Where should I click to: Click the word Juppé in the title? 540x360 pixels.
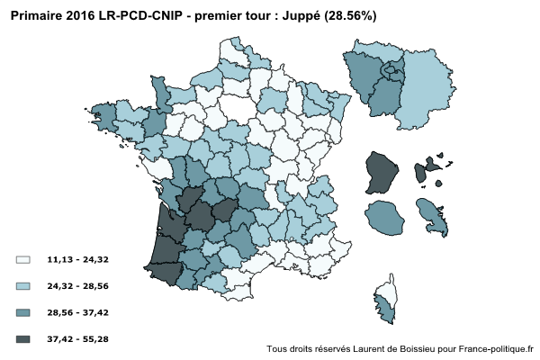click(x=310, y=16)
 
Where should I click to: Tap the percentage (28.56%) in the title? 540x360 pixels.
click(x=356, y=16)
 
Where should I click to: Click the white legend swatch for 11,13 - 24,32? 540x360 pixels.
click(x=23, y=259)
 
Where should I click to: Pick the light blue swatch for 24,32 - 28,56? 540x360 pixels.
click(x=23, y=285)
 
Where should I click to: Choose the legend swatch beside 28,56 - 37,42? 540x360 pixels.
click(x=23, y=312)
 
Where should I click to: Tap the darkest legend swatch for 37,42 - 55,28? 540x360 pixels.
click(x=23, y=339)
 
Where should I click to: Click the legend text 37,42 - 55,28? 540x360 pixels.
click(x=78, y=339)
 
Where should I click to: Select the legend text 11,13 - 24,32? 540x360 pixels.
click(x=78, y=259)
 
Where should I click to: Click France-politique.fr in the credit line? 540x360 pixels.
click(x=495, y=349)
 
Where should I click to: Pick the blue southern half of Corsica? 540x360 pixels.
click(x=387, y=312)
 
